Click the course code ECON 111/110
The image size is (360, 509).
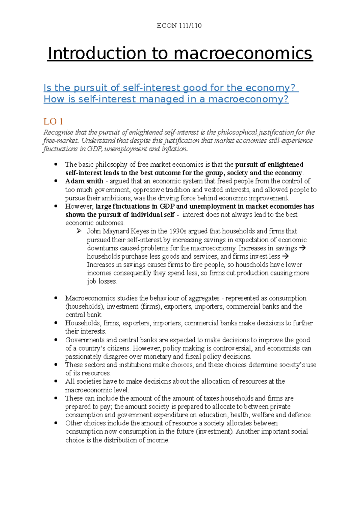click(179, 26)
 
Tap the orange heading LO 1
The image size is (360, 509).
click(53, 121)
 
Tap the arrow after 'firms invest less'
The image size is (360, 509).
click(285, 257)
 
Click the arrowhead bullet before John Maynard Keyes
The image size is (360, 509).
click(79, 231)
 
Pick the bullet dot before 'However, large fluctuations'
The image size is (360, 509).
click(55, 206)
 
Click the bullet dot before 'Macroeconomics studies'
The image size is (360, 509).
click(55, 298)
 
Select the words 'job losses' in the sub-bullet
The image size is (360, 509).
click(101, 281)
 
